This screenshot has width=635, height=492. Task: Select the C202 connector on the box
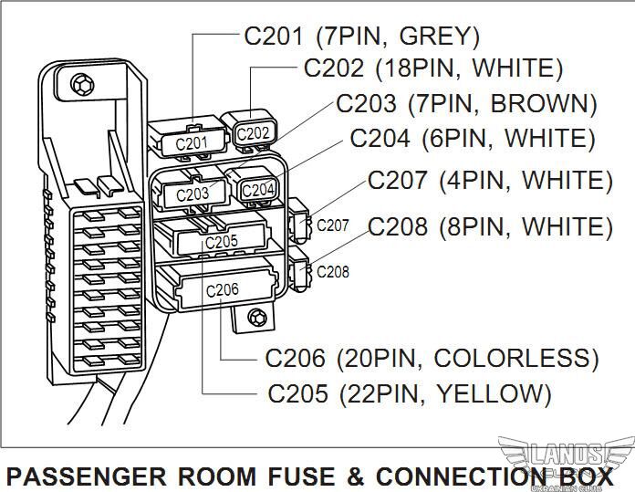coord(254,133)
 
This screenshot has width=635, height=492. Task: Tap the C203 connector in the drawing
coord(193,194)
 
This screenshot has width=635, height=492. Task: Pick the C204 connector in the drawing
coord(258,189)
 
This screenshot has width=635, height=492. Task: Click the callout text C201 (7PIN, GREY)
coord(361,37)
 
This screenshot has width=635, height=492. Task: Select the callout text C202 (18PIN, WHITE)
coord(433,68)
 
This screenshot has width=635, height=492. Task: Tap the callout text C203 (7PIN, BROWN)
coord(466,103)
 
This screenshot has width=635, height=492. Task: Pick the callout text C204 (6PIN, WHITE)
coord(473,139)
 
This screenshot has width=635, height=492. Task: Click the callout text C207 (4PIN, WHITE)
coord(490,181)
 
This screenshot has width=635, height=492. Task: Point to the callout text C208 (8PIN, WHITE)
coord(490,226)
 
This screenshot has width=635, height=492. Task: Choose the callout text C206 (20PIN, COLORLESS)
coord(432,358)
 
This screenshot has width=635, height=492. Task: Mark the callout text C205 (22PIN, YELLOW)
coord(410,393)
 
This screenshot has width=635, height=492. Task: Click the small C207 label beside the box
coord(332,225)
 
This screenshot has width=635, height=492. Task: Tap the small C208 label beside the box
coord(332,271)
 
